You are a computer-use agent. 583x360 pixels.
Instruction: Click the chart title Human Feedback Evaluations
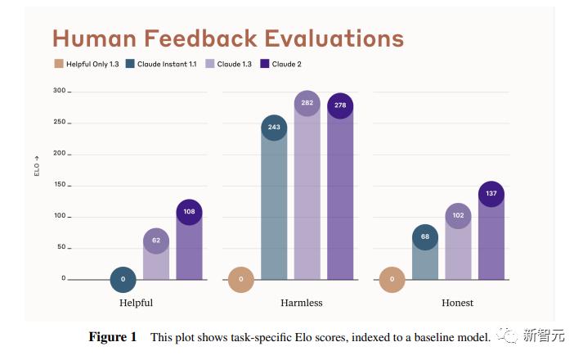point(228,38)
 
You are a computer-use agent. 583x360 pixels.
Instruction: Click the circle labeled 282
point(307,103)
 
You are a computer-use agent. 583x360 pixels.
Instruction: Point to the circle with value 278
point(340,106)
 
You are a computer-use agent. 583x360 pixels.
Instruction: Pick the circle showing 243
point(274,127)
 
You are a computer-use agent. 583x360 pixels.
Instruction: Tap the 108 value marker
point(189,211)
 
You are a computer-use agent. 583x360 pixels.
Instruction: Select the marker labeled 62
point(156,241)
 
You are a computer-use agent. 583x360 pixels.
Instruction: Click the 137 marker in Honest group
point(491,194)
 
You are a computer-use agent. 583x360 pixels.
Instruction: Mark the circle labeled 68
point(424,237)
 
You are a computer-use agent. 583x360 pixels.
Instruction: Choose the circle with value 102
point(458,216)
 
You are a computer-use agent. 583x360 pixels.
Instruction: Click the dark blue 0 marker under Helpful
point(123,279)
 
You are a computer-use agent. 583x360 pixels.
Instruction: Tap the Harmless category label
point(303,303)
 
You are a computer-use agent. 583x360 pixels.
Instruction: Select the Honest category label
point(457,303)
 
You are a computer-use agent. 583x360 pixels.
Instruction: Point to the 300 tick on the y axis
point(59,91)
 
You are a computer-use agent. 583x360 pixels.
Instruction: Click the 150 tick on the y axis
point(59,185)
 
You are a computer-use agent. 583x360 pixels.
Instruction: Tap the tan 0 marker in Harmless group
point(241,279)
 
